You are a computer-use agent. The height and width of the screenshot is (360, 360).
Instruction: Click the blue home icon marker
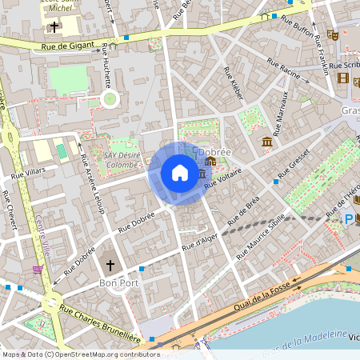pos(179,173)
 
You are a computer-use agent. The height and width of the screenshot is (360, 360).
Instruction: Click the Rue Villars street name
pos(29,171)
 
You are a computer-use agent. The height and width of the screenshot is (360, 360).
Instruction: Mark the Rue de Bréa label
pos(244,209)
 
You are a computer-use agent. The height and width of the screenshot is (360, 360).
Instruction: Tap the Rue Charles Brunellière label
pos(100,325)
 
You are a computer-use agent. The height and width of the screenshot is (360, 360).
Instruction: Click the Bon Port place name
pos(114,283)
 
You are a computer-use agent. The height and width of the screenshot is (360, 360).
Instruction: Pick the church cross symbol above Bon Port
pos(110,265)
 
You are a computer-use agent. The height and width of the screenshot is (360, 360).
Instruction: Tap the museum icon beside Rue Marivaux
pos(266,142)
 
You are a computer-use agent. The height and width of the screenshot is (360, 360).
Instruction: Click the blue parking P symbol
pos(349,218)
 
